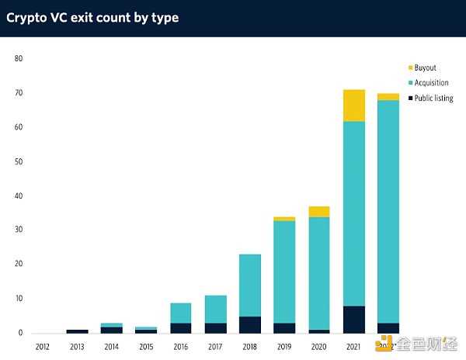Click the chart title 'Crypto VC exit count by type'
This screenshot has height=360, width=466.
(92, 17)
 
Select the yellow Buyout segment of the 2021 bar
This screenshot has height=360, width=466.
(353, 106)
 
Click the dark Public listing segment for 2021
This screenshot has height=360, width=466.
(353, 319)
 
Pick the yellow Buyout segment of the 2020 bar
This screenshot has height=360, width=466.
(319, 212)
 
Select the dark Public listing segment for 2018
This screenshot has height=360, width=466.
(249, 324)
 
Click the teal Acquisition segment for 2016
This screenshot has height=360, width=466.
(181, 313)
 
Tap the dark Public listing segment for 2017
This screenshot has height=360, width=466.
(215, 327)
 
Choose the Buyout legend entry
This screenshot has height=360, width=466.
(425, 68)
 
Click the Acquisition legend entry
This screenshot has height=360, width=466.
(430, 83)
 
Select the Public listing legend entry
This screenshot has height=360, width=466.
(433, 99)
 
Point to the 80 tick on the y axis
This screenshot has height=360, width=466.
(18, 59)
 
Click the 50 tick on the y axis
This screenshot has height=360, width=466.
(18, 161)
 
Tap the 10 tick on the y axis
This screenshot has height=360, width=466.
(18, 299)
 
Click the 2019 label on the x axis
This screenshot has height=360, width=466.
(284, 344)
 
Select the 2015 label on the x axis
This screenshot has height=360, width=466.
(147, 344)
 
